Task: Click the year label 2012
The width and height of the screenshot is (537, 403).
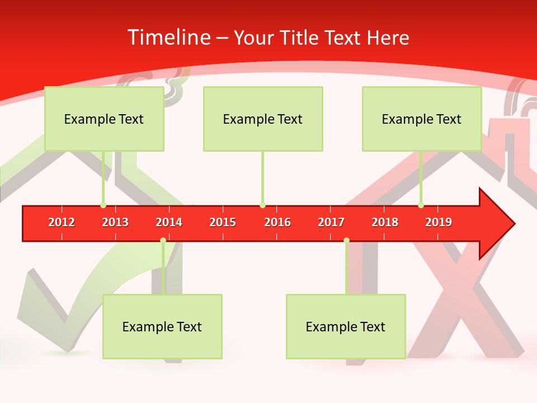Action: pos(62,222)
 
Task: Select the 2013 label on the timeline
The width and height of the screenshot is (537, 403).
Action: pos(115,222)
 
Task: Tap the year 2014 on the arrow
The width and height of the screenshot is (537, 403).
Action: pos(169,222)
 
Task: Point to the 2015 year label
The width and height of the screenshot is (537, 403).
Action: pos(223,222)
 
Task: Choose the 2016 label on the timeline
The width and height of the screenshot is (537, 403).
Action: pos(277,222)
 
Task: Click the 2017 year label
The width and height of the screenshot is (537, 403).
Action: pos(331,222)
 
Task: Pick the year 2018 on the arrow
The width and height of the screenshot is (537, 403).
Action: pos(385,222)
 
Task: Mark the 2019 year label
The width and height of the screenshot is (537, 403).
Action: pos(439,222)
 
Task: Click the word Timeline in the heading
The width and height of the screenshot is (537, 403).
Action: pos(168,38)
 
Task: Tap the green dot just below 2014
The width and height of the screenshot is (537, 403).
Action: pos(163,241)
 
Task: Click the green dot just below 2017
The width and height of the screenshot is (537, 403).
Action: pos(346,241)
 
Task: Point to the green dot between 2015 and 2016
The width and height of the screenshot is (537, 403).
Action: pos(262,205)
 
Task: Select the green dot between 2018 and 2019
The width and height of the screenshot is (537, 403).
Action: pos(421,205)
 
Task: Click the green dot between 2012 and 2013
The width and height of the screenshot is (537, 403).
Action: pos(103,205)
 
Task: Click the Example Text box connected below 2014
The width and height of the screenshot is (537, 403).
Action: pos(162,326)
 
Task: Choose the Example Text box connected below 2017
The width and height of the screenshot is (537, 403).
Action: pos(346,326)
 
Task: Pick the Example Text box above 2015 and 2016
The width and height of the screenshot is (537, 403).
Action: pos(263,119)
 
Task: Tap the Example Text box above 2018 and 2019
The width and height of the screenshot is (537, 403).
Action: pos(422,119)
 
